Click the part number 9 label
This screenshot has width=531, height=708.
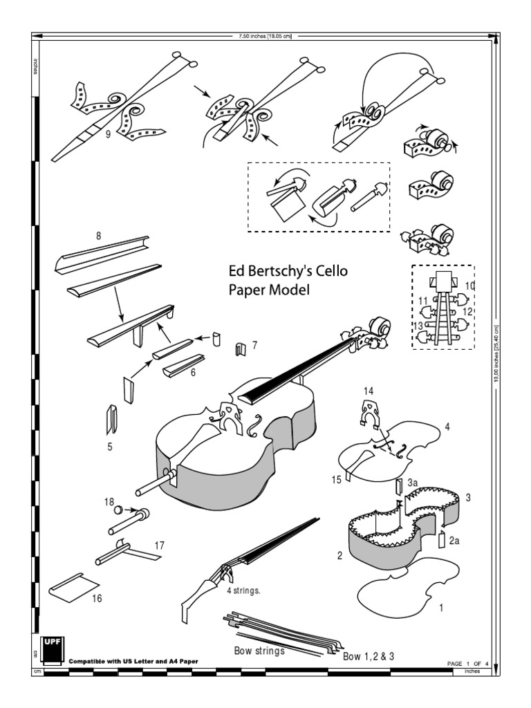tap(109, 135)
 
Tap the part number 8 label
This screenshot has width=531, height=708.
tap(99, 235)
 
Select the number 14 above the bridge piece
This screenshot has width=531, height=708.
tap(369, 391)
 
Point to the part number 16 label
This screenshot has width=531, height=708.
tap(97, 599)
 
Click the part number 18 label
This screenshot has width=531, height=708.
tap(109, 501)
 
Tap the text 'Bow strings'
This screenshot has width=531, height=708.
tap(259, 650)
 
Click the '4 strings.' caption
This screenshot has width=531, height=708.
tap(243, 590)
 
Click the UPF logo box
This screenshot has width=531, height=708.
tap(53, 647)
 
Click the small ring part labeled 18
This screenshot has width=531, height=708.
tap(118, 510)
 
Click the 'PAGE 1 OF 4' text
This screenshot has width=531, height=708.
tap(469, 662)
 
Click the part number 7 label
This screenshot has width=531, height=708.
tap(254, 344)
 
